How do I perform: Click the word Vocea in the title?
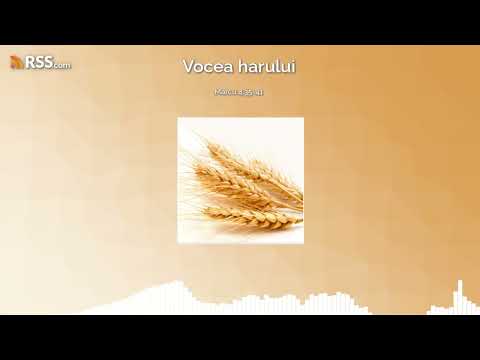(206, 66)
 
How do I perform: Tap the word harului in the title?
(263, 66)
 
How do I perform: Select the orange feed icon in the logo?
(17, 63)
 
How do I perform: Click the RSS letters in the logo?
(39, 63)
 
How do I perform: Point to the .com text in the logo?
(62, 65)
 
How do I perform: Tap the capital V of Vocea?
(189, 66)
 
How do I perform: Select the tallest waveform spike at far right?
(459, 293)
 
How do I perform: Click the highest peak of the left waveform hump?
(178, 286)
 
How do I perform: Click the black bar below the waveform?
(240, 337)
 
